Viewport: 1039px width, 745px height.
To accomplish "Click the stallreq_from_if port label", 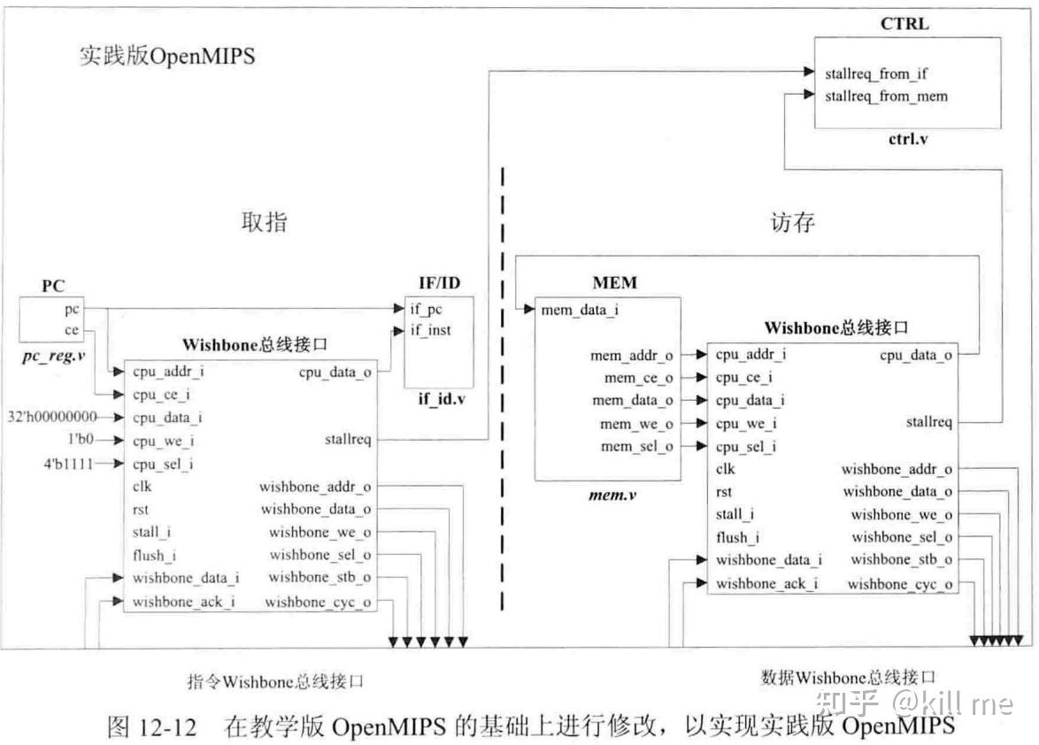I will click(875, 74).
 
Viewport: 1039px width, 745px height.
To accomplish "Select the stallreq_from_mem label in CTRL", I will click(885, 96).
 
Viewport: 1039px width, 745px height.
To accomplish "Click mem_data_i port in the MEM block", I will click(580, 310).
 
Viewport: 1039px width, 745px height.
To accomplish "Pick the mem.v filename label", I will click(612, 495).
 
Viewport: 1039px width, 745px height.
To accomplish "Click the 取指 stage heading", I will click(264, 221).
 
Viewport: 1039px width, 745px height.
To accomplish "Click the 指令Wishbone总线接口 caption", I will click(274, 681).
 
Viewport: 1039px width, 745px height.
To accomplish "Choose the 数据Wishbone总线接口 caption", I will click(848, 678).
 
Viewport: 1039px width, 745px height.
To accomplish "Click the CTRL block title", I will click(904, 24).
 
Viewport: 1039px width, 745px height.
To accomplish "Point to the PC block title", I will click(54, 287).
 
